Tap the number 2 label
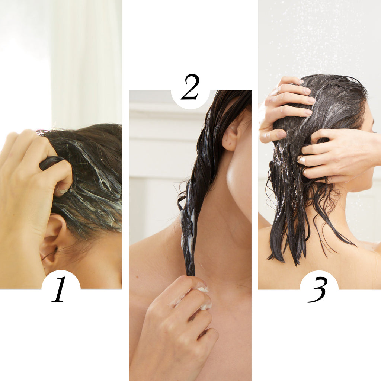pos(190,87)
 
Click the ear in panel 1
pos(52,241)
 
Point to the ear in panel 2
pos(231,136)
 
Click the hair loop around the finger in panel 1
pos(52,161)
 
